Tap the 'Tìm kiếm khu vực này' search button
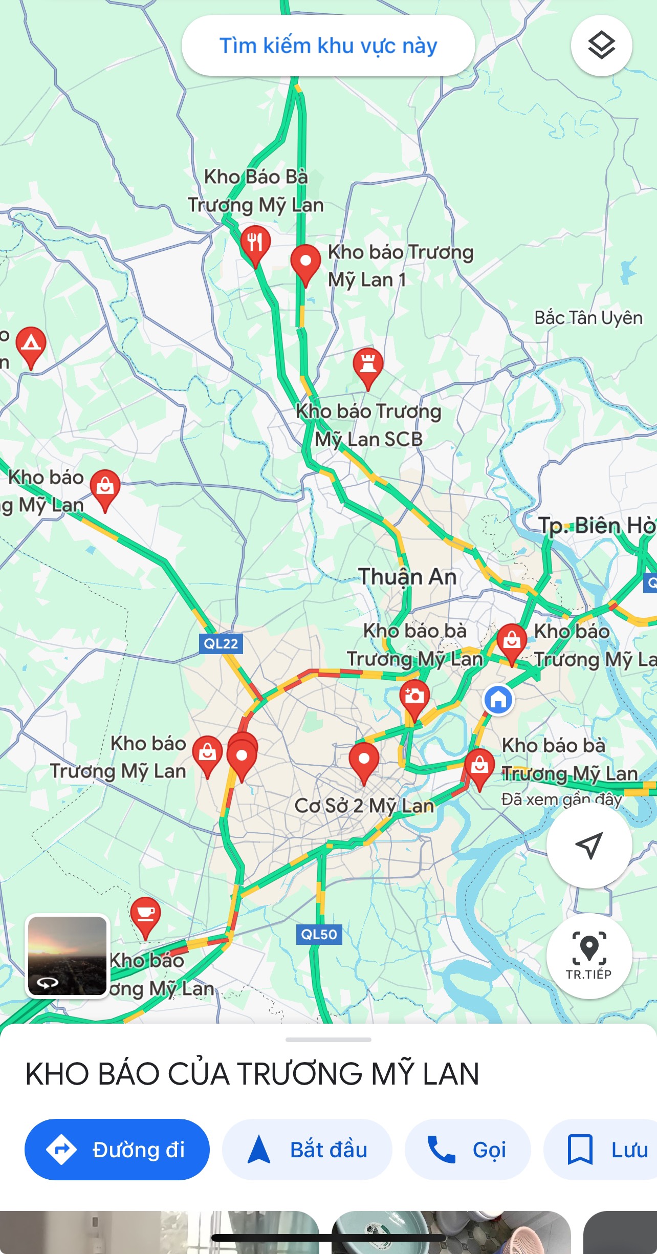click(328, 46)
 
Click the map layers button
click(601, 46)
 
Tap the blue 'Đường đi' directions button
click(117, 1150)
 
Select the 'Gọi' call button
click(467, 1150)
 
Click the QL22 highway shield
click(221, 643)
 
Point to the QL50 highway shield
click(319, 934)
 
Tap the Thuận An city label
click(407, 577)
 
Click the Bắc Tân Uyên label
click(588, 318)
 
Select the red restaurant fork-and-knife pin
click(255, 243)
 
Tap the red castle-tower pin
click(368, 365)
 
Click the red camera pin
click(414, 697)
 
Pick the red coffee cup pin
click(146, 914)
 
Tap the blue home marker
click(498, 699)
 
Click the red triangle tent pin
click(31, 344)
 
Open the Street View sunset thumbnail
click(68, 956)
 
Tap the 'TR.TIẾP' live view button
click(589, 955)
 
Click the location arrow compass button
click(589, 845)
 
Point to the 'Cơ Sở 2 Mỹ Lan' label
click(364, 806)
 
